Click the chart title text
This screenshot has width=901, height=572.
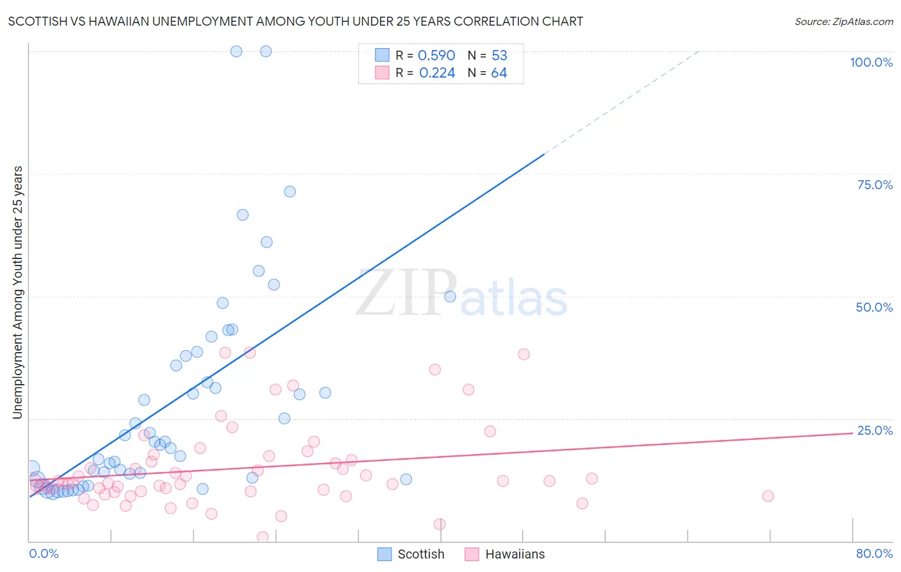(x=295, y=21)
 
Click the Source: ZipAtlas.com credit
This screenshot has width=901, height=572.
(x=843, y=21)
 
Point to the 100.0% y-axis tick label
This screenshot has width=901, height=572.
(x=871, y=62)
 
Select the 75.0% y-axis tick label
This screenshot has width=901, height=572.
(x=875, y=185)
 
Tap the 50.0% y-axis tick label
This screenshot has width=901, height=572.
(x=874, y=307)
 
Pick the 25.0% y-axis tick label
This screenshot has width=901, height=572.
(x=875, y=430)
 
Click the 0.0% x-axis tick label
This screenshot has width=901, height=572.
(x=44, y=553)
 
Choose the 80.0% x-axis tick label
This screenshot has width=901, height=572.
(x=874, y=553)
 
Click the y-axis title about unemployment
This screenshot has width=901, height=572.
(x=17, y=292)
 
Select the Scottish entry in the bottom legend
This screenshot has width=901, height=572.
(x=420, y=554)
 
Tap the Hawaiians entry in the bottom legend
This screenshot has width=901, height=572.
(x=515, y=554)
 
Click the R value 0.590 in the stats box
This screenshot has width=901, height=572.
(x=436, y=56)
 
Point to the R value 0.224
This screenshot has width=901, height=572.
(x=437, y=73)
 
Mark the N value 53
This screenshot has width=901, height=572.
(x=499, y=56)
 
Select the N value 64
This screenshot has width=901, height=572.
(x=499, y=73)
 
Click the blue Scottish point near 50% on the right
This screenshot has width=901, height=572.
(x=450, y=296)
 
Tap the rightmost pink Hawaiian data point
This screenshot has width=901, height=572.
(x=768, y=496)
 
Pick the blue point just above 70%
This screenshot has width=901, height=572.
(x=290, y=191)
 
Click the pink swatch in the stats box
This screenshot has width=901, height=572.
(x=382, y=72)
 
